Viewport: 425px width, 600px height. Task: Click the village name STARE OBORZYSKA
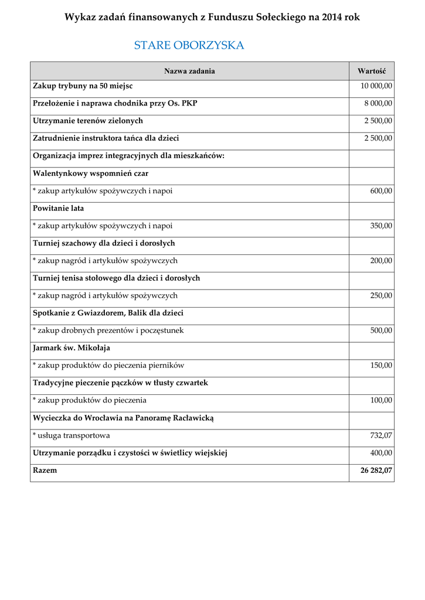coord(189,46)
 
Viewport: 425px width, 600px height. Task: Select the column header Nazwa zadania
coord(189,71)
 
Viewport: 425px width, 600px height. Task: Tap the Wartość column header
coord(371,71)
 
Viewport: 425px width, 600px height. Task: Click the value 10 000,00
coord(376,86)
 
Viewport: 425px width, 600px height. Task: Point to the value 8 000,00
coord(379,104)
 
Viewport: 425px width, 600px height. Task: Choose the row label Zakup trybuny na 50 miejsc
coord(83,86)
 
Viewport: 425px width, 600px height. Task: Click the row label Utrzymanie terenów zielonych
coord(88,121)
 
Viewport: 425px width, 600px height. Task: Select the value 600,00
coord(381,191)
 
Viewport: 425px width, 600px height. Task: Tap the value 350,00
coord(381,226)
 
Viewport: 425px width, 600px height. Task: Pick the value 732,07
coord(381,435)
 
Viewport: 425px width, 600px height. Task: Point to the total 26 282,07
coord(376,471)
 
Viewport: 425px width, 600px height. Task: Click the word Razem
coord(45,471)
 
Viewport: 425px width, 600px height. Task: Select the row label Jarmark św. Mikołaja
coord(72,348)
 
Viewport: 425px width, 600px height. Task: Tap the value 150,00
coord(381,366)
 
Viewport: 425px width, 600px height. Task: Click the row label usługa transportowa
coord(73,435)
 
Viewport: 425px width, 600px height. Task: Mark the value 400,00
coord(381,453)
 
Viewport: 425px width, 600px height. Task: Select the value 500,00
coord(381,330)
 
